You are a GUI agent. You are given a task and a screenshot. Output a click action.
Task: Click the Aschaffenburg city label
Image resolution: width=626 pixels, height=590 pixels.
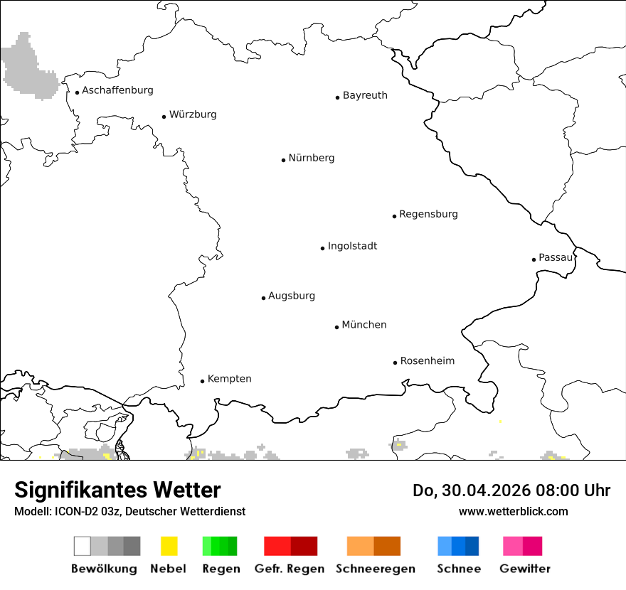117,90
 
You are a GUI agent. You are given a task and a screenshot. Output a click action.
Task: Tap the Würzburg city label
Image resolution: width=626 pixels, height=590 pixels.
193,114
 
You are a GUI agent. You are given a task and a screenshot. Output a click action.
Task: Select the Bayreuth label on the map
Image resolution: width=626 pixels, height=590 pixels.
365,95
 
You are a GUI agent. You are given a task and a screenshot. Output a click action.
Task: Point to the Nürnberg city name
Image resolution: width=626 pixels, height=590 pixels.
312,158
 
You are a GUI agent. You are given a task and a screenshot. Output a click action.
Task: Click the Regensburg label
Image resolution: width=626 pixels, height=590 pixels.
428,214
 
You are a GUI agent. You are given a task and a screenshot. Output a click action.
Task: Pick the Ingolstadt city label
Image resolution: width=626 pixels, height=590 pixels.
352,246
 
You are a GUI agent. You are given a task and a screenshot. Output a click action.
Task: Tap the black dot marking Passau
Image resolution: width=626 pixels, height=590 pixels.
534,259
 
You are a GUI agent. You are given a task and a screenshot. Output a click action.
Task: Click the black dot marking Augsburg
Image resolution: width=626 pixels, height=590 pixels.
263,298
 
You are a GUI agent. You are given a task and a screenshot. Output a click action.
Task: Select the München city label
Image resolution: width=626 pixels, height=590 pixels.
364,325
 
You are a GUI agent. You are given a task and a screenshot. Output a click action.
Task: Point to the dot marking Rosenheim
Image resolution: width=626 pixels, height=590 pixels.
395,363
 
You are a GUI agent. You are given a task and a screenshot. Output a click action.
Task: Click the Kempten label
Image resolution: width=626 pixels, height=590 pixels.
229,379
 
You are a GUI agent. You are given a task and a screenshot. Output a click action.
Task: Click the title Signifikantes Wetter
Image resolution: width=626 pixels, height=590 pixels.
117,490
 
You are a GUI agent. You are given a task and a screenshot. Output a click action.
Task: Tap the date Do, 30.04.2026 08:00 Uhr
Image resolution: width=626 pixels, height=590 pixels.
511,490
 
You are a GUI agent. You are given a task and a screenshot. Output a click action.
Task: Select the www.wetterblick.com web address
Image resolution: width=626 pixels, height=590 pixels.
513,511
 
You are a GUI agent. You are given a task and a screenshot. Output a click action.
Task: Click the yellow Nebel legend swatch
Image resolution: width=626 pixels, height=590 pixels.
169,546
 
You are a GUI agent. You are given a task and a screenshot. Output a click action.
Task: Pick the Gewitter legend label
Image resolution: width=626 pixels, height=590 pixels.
524,569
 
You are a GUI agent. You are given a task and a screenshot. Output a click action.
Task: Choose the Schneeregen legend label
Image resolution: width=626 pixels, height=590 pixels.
375,569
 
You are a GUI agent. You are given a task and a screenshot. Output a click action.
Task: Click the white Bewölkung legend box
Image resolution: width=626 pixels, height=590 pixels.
83,546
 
